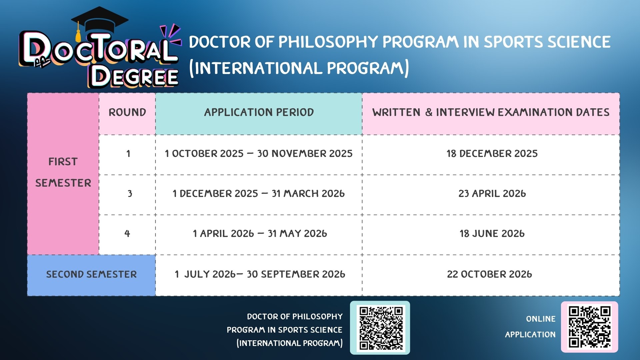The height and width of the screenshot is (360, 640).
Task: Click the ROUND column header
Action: tap(127, 112)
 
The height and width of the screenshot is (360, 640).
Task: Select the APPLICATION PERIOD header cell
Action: tap(259, 112)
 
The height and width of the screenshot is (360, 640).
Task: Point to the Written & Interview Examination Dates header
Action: tap(491, 112)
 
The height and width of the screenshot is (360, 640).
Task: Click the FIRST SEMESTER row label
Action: tap(63, 172)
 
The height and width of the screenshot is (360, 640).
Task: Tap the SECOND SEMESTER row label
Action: tap(91, 274)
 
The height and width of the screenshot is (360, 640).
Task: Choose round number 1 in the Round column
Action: tap(128, 154)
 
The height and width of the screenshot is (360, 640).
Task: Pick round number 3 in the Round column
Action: tap(130, 194)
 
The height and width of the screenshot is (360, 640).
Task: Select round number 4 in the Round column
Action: tap(127, 234)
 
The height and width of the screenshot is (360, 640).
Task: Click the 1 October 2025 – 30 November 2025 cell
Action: tap(259, 154)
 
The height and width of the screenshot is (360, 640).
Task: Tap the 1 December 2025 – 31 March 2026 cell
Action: tap(259, 194)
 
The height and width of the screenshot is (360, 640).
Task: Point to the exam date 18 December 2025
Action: tap(492, 154)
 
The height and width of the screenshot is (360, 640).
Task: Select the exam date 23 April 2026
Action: tap(492, 194)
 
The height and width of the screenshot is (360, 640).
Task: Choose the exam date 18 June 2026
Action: tap(492, 234)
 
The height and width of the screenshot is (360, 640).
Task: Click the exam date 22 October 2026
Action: tap(489, 274)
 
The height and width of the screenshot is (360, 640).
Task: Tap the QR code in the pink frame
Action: tap(589, 327)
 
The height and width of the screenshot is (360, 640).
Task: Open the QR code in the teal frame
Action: tap(380, 328)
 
